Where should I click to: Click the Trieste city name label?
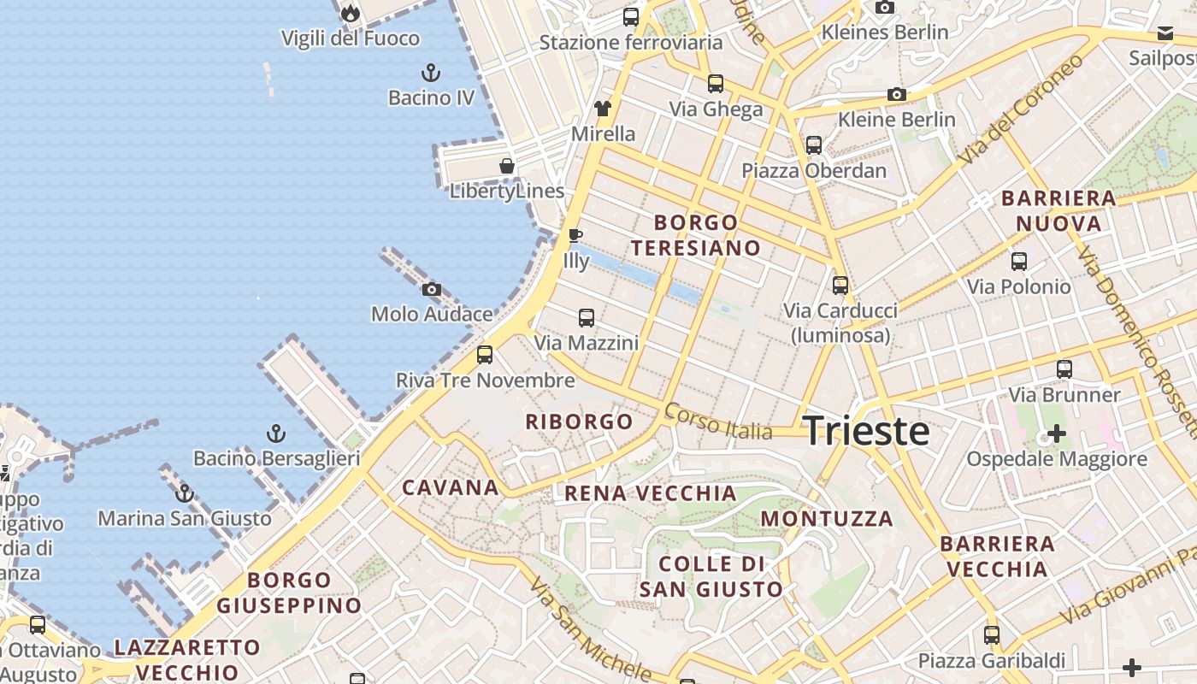[x=866, y=431]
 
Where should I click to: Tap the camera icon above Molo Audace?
[x=432, y=290]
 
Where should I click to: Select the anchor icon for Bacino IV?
[x=431, y=73]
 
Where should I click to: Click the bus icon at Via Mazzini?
[x=586, y=318]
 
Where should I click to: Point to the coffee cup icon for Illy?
[x=575, y=235]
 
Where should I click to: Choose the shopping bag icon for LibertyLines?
[x=507, y=166]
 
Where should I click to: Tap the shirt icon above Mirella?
[x=603, y=109]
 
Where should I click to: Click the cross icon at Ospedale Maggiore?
[x=1057, y=433]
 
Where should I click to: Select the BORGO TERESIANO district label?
[x=695, y=235]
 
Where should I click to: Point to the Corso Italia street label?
[x=718, y=422]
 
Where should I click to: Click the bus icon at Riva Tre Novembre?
[x=485, y=354]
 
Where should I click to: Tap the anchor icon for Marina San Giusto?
[x=184, y=493]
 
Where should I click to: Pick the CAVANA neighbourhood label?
[x=451, y=488]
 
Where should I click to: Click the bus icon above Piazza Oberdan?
[x=813, y=145]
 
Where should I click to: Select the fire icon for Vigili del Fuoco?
[x=350, y=13]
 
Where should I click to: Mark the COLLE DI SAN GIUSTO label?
[x=711, y=576]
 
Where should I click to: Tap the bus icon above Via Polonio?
[x=1018, y=262]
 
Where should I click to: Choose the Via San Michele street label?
[x=590, y=628]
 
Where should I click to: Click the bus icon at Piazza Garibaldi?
[x=992, y=635]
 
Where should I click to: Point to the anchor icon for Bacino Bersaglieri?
[x=275, y=433]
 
